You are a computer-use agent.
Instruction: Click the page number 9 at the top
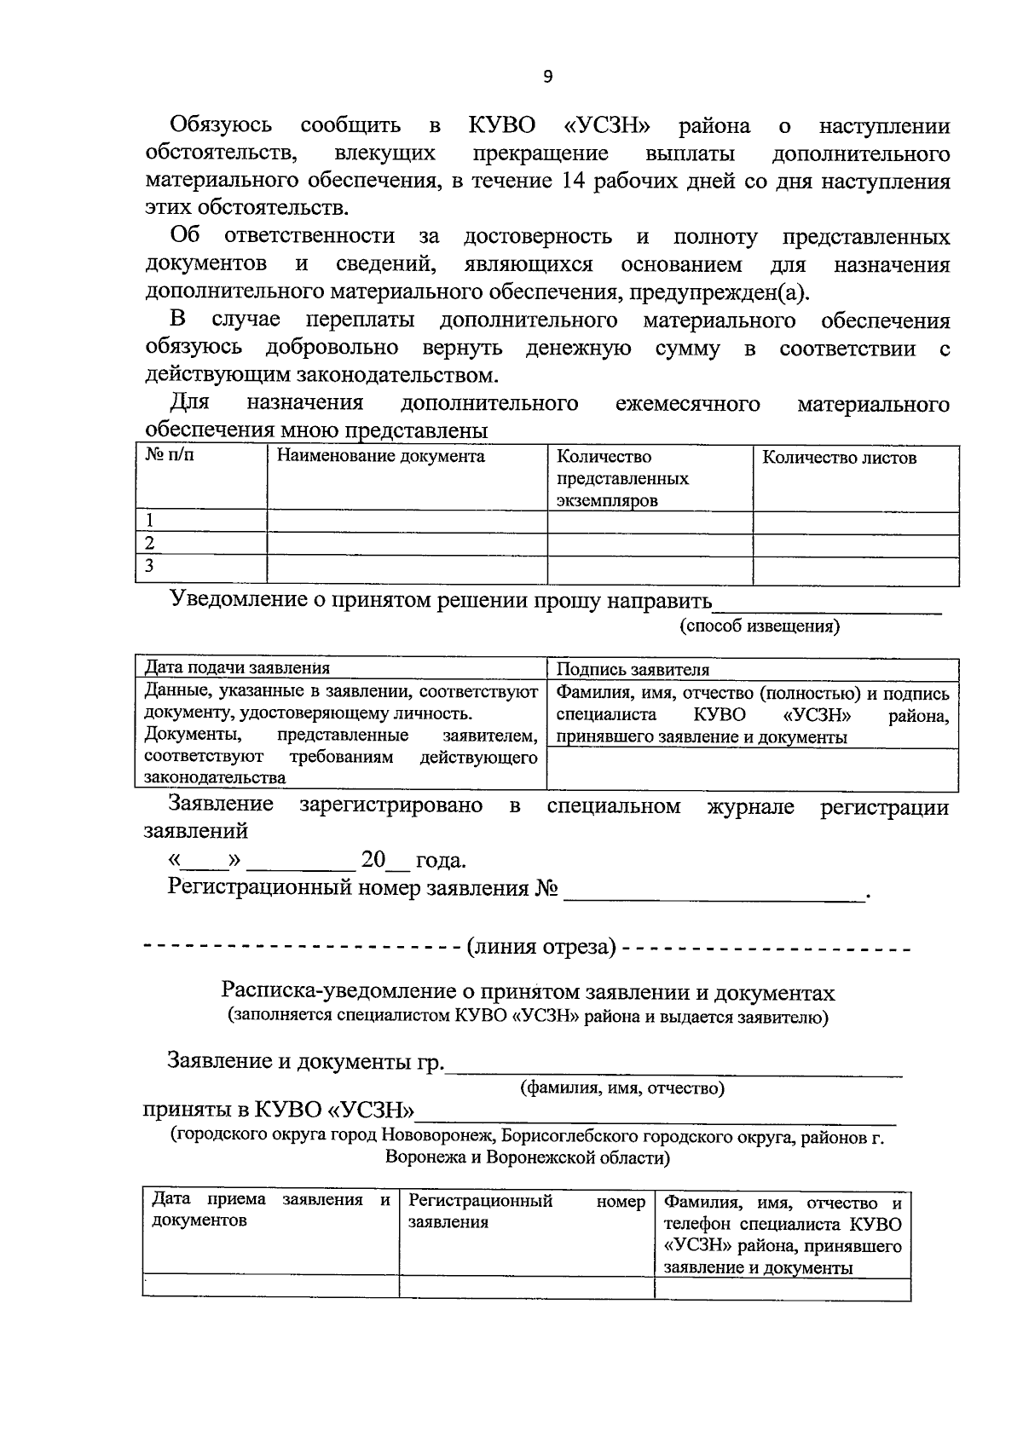pyautogui.click(x=547, y=77)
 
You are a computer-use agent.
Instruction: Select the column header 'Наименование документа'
pyautogui.click(x=380, y=457)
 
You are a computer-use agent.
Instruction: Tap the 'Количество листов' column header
pyautogui.click(x=839, y=458)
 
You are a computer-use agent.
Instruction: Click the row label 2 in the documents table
pyautogui.click(x=150, y=544)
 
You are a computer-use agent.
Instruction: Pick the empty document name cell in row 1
pyautogui.click(x=407, y=522)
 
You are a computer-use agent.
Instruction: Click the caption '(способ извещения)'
pyautogui.click(x=759, y=626)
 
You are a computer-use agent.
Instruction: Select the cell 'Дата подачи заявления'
pyautogui.click(x=237, y=668)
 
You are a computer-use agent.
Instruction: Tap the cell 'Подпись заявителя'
pyautogui.click(x=633, y=670)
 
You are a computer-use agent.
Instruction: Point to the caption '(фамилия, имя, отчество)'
pyautogui.click(x=622, y=1088)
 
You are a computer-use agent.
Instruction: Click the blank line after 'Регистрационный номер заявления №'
pyautogui.click(x=714, y=892)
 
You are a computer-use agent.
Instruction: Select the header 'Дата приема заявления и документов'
pyautogui.click(x=269, y=1209)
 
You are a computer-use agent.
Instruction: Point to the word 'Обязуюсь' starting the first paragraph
pyautogui.click(x=221, y=125)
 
